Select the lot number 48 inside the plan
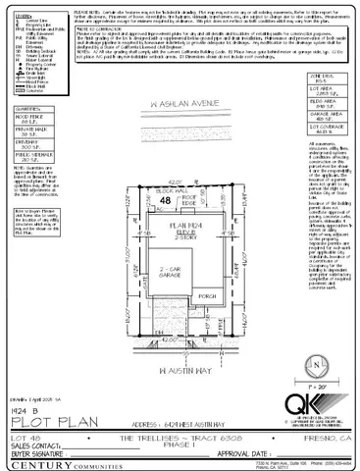[150, 201]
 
